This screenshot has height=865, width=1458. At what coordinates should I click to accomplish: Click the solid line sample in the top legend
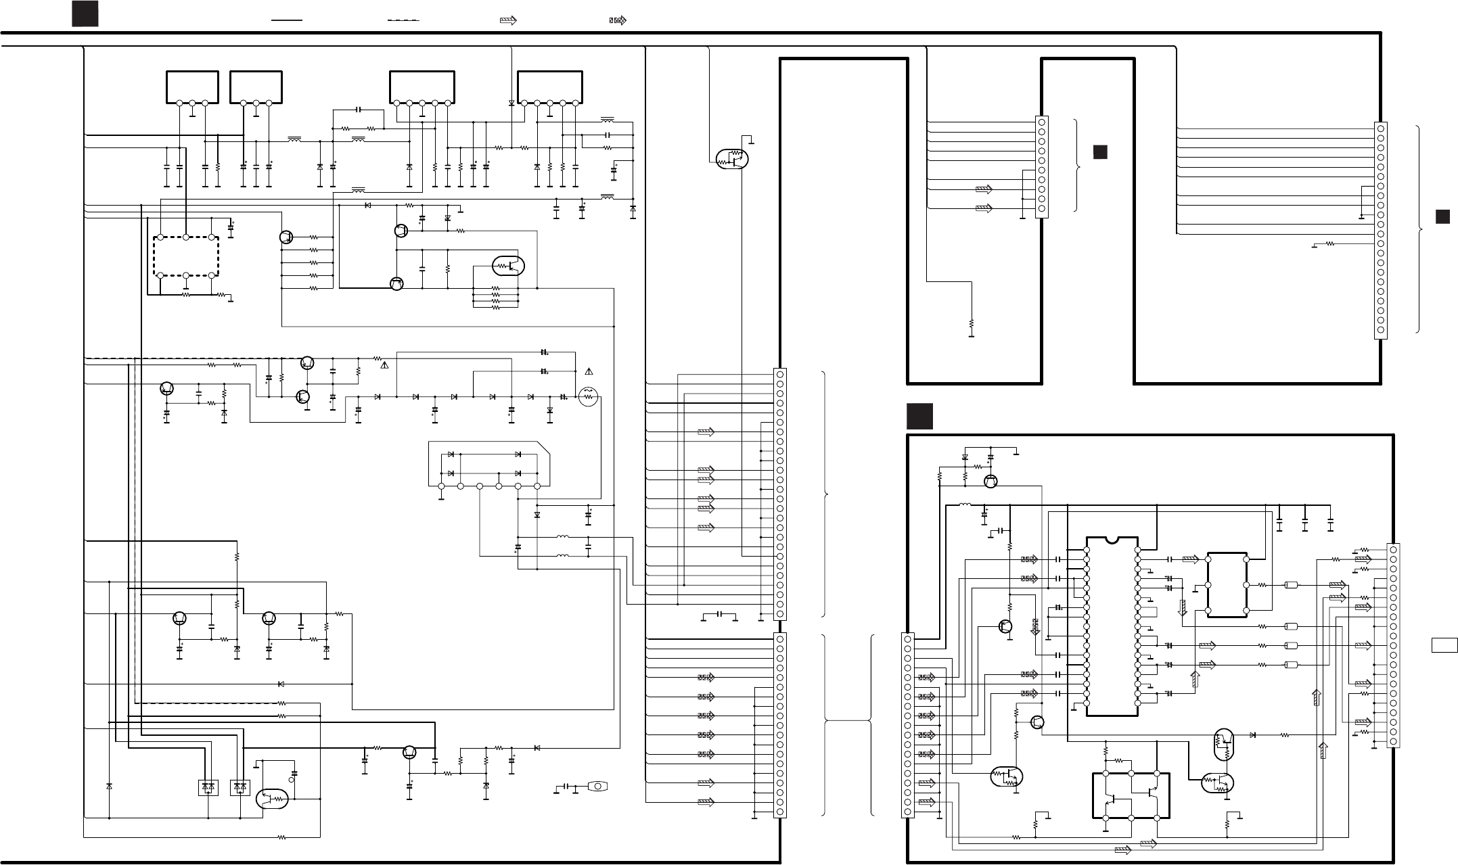point(286,21)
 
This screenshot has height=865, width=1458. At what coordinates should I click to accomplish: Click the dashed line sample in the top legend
point(403,21)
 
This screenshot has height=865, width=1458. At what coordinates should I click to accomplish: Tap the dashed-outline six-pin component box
point(186,256)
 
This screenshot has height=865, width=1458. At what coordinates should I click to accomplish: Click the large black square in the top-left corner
point(85,14)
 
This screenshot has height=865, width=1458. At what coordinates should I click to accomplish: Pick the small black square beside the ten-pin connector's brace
point(1100,152)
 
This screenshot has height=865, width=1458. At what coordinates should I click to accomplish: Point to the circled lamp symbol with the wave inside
point(588,396)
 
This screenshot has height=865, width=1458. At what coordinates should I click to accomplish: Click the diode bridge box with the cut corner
point(488,464)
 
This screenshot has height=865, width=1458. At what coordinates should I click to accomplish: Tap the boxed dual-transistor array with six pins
point(1131,795)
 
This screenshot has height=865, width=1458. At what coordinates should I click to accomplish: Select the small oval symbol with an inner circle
point(598,786)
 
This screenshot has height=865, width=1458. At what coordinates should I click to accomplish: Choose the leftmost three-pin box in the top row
point(192,88)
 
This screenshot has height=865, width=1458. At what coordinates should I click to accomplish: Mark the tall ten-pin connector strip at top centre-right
point(1041,166)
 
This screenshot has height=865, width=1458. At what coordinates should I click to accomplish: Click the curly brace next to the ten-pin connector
point(1078,166)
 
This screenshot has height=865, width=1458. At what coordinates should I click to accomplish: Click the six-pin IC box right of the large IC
point(1227,585)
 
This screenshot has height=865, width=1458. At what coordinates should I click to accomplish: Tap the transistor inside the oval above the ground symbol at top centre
point(732,159)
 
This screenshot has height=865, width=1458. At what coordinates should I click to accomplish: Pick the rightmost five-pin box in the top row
point(550,88)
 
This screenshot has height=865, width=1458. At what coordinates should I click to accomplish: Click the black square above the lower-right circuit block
point(920,417)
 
